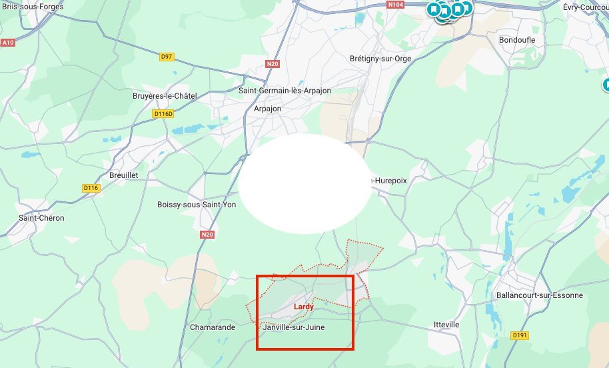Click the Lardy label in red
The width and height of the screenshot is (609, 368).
[x=304, y=307]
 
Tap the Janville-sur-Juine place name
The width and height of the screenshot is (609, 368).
[x=294, y=327]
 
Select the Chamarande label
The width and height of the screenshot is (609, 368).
[x=213, y=327]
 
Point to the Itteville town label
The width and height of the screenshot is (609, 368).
[x=446, y=325]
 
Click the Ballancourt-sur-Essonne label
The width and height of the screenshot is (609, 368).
[x=539, y=295]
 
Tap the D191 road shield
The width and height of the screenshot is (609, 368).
[x=520, y=335]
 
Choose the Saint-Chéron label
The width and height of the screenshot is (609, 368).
[x=41, y=218]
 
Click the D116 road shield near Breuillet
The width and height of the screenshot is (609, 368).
[x=91, y=188]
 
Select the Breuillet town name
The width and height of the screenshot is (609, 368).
[x=123, y=175]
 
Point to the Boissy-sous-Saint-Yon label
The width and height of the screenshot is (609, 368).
[x=197, y=205]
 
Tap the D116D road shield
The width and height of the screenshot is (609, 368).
[x=163, y=114]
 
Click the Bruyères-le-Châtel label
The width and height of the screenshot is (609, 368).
[x=165, y=96]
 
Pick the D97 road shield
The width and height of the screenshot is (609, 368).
[x=167, y=57]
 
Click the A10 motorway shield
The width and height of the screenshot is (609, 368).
[x=8, y=43]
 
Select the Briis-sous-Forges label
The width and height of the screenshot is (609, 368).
[x=33, y=7]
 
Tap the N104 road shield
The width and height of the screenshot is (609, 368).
[x=396, y=5]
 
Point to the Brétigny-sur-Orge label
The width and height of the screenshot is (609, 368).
[x=380, y=59]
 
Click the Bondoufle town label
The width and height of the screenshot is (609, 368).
[x=517, y=40]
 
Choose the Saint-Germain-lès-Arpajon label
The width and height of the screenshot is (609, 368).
[x=285, y=91]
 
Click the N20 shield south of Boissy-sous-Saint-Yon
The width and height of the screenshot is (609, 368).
[x=207, y=235]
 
